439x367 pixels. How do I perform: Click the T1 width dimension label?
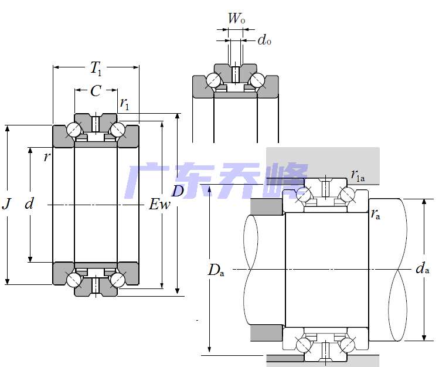(96, 69)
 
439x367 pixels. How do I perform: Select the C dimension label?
(96, 91)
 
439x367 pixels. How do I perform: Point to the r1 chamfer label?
(124, 104)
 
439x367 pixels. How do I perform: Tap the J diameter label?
(6, 204)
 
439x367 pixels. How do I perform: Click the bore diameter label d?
(29, 204)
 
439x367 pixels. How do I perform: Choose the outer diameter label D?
(178, 191)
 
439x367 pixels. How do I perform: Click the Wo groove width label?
(236, 19)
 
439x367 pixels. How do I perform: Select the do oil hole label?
(264, 40)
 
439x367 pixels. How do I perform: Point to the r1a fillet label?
(358, 175)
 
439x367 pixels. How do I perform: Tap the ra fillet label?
(375, 214)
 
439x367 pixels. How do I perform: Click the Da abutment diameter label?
(216, 270)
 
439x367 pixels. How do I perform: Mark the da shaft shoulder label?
(422, 269)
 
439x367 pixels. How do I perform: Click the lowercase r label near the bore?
(46, 157)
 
